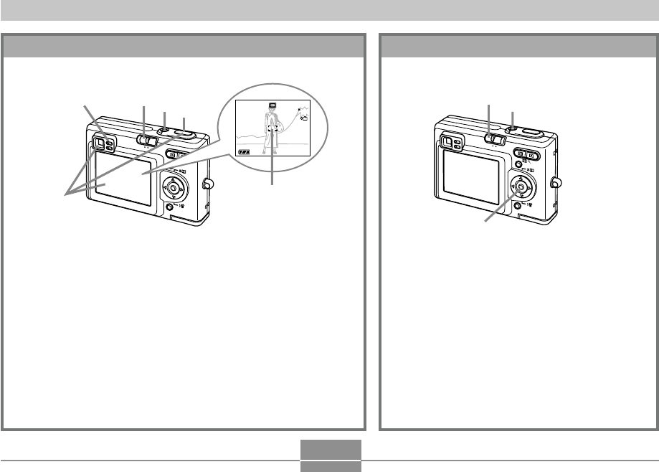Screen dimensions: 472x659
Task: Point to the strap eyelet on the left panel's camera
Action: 208,184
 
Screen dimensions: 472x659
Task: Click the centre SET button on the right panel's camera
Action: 521,188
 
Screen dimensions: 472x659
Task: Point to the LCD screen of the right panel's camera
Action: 470,179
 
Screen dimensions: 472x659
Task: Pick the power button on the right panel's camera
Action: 511,130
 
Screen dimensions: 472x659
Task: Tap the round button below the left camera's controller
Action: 169,207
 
